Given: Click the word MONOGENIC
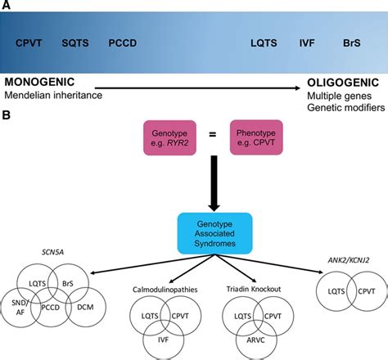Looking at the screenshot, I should pyautogui.click(x=38, y=83).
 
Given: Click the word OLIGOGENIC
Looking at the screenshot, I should pyautogui.click(x=343, y=83).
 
